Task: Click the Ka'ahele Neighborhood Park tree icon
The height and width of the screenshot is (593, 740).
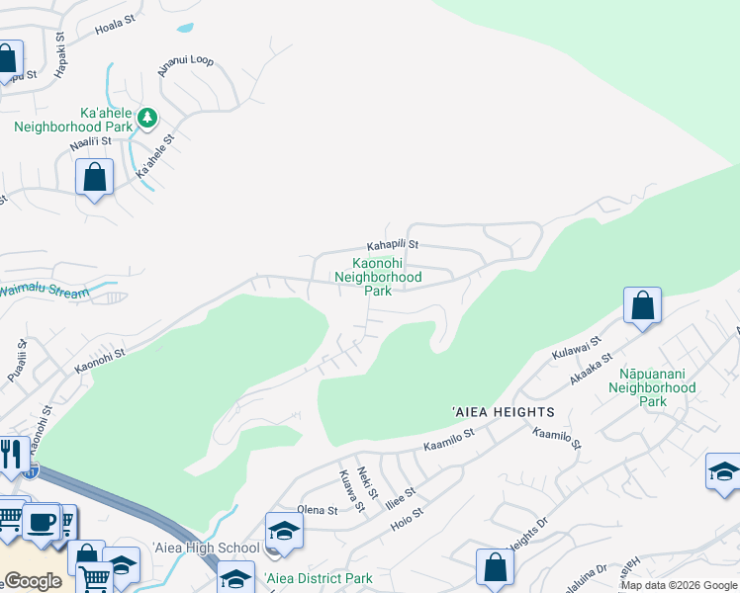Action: pos(147,119)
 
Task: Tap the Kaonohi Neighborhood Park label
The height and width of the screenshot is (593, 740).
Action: pos(378,277)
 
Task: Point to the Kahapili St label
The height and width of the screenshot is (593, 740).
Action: pos(393,244)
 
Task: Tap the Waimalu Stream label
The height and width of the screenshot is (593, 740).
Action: pos(44,292)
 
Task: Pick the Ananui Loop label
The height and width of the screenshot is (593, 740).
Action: pos(185,65)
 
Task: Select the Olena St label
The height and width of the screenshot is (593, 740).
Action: pos(318,510)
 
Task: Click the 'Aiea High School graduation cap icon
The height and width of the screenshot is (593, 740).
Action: pos(284,531)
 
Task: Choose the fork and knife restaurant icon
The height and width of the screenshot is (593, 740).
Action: pos(11,455)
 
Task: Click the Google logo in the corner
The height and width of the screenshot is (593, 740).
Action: pos(33,581)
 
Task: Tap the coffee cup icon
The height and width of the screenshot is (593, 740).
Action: pos(41,522)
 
